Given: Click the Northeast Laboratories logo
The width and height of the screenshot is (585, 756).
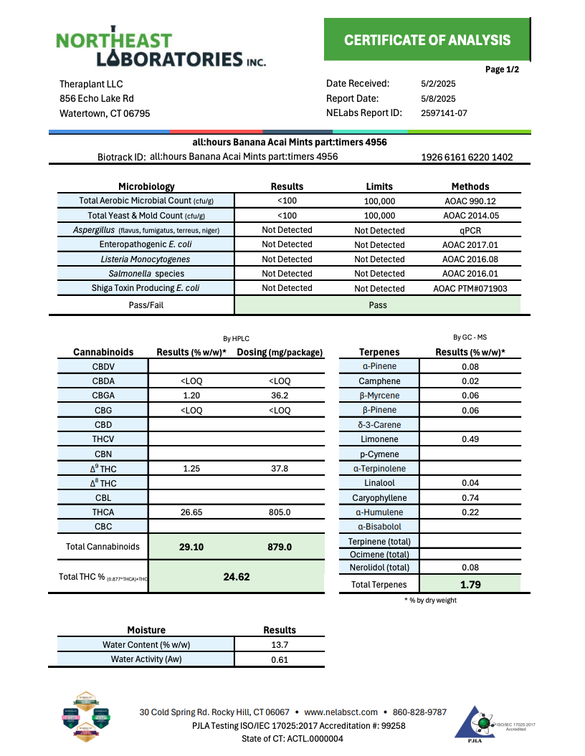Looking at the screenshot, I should point(161,49).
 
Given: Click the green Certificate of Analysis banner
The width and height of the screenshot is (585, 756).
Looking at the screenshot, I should point(427,40).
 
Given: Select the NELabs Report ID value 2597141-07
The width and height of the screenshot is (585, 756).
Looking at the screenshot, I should point(444,113).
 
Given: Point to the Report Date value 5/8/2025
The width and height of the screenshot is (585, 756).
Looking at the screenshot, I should point(438,99).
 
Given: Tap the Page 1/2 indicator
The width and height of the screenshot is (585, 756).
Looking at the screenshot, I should point(502,70).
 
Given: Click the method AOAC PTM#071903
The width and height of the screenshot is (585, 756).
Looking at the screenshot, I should point(470,289).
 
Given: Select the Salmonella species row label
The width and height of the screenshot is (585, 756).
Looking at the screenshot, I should point(146,274).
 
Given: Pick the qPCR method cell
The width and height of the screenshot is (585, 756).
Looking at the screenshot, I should point(470,231).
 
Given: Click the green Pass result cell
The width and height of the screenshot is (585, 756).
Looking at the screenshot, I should point(377,305).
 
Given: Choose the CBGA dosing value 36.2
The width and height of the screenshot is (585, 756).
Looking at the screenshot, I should point(280,396).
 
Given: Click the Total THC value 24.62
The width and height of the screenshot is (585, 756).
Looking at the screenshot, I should point(237,577).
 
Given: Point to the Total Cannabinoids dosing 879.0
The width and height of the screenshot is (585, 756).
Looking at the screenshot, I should point(280,547).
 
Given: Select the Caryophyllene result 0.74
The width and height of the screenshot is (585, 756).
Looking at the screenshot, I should point(470,498).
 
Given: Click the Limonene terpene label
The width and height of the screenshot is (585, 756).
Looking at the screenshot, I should point(379,439).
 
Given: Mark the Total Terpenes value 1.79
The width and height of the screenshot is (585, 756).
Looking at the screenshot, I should point(470,585).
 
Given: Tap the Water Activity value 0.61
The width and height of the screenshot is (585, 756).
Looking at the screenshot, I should point(280,660).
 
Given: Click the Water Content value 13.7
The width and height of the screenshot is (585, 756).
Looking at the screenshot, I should point(280,645).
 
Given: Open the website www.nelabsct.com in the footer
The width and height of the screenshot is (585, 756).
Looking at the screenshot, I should point(341,712).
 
